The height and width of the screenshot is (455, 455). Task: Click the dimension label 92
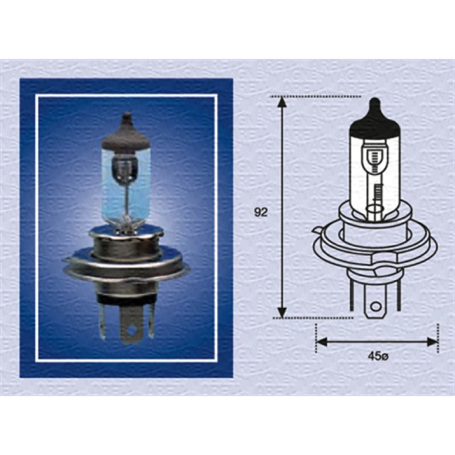(x=260, y=212)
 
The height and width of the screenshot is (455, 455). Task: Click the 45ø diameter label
(x=378, y=357)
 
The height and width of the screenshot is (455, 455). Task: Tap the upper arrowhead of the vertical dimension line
(x=282, y=102)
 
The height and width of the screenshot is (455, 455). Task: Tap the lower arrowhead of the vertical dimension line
(x=282, y=312)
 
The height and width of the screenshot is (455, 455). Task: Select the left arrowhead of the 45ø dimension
(x=321, y=342)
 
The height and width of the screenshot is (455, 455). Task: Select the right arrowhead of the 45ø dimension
(x=432, y=342)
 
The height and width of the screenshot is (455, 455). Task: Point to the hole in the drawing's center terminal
(x=376, y=307)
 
